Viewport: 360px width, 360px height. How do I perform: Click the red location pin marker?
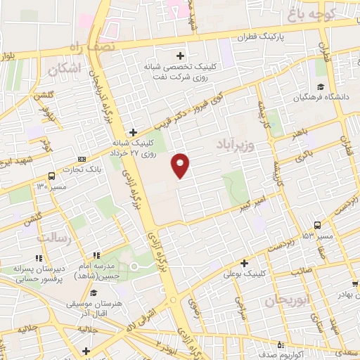click(x=181, y=165)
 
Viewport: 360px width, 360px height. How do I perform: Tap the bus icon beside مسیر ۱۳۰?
click(x=51, y=176)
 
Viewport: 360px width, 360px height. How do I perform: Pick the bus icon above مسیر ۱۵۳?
click(x=317, y=225)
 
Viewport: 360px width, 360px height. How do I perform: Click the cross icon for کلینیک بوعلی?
click(x=244, y=263)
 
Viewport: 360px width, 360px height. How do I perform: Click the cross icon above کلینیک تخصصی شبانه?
click(x=181, y=56)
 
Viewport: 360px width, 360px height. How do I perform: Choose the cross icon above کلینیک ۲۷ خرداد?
click(x=133, y=131)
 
